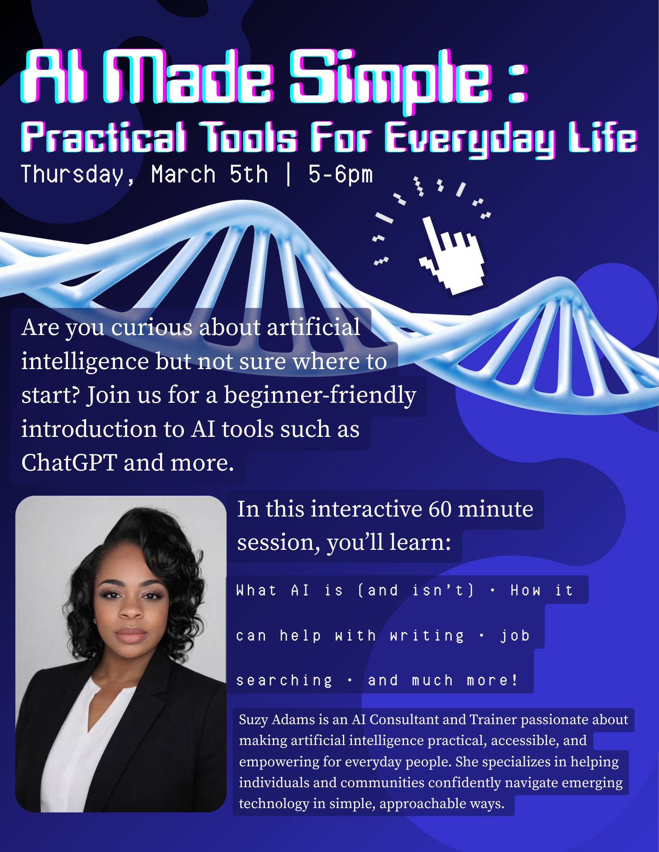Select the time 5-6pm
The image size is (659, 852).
point(341,175)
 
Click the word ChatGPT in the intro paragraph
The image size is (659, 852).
point(69,462)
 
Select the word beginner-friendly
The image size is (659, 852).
point(320,396)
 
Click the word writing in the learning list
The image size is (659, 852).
point(427,636)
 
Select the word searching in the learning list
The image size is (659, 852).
point(285,681)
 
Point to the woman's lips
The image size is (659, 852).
point(131,634)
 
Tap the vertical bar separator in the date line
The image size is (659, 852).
point(289,174)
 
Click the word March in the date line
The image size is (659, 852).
point(183,174)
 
